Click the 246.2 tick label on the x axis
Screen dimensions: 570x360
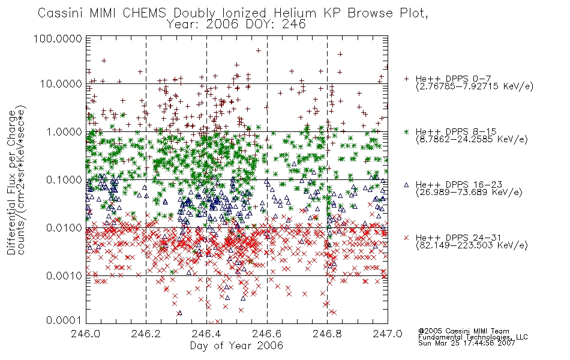coord(146,333)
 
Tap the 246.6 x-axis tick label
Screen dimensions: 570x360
coord(267,333)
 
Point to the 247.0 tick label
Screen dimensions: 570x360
coord(388,333)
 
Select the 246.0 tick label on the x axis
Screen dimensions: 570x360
coord(86,333)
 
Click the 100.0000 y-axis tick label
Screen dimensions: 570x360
coord(58,38)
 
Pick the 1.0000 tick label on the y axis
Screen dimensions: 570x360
coord(64,131)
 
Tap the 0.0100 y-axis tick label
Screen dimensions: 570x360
coord(64,228)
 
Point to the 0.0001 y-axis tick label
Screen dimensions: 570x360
coord(64,320)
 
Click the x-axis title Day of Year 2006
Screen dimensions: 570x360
coord(236,346)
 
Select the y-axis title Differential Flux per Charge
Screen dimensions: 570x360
coord(12,182)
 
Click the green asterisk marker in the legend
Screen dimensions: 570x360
coord(406,131)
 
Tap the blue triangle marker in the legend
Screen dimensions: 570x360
coord(406,185)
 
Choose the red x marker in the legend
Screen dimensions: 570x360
coord(406,238)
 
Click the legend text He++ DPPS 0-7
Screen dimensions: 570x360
coord(454,79)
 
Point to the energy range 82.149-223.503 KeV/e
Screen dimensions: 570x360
coord(472,245)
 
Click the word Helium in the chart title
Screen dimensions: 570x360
coord(295,13)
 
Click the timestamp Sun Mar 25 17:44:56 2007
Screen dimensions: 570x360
coord(467,343)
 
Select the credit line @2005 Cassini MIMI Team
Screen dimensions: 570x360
coord(463,331)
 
